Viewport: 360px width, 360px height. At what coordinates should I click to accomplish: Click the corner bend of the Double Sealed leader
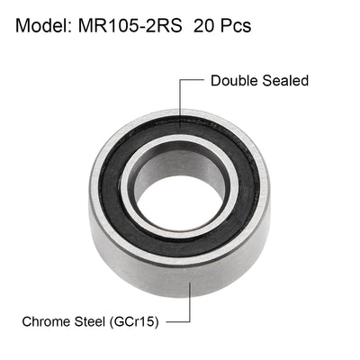(180, 81)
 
